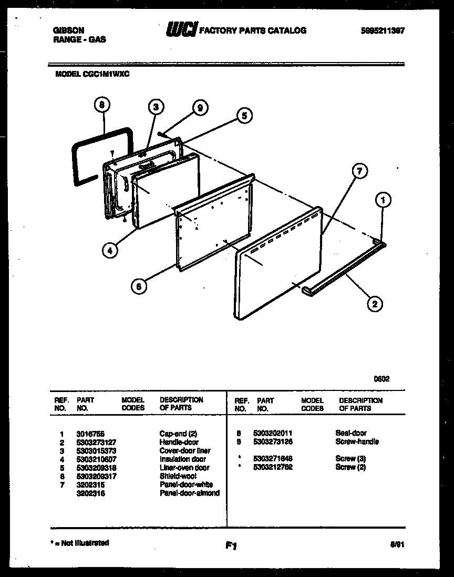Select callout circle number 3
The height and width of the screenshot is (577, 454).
(x=154, y=107)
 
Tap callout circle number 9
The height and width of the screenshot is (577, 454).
(x=199, y=108)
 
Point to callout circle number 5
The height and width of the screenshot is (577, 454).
(x=244, y=115)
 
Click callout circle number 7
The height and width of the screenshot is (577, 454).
(x=359, y=171)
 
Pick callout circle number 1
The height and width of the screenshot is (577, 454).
(x=384, y=200)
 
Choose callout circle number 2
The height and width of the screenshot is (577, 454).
(x=374, y=303)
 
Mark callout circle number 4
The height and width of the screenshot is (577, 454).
(x=109, y=251)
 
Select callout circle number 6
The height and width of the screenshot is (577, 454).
(x=139, y=286)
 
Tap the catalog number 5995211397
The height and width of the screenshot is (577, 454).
(x=383, y=30)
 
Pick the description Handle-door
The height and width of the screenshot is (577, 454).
(x=179, y=442)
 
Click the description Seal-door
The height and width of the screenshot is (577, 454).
(x=350, y=434)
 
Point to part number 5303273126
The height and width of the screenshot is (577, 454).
(x=273, y=442)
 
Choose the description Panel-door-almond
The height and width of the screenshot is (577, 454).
(x=189, y=493)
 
